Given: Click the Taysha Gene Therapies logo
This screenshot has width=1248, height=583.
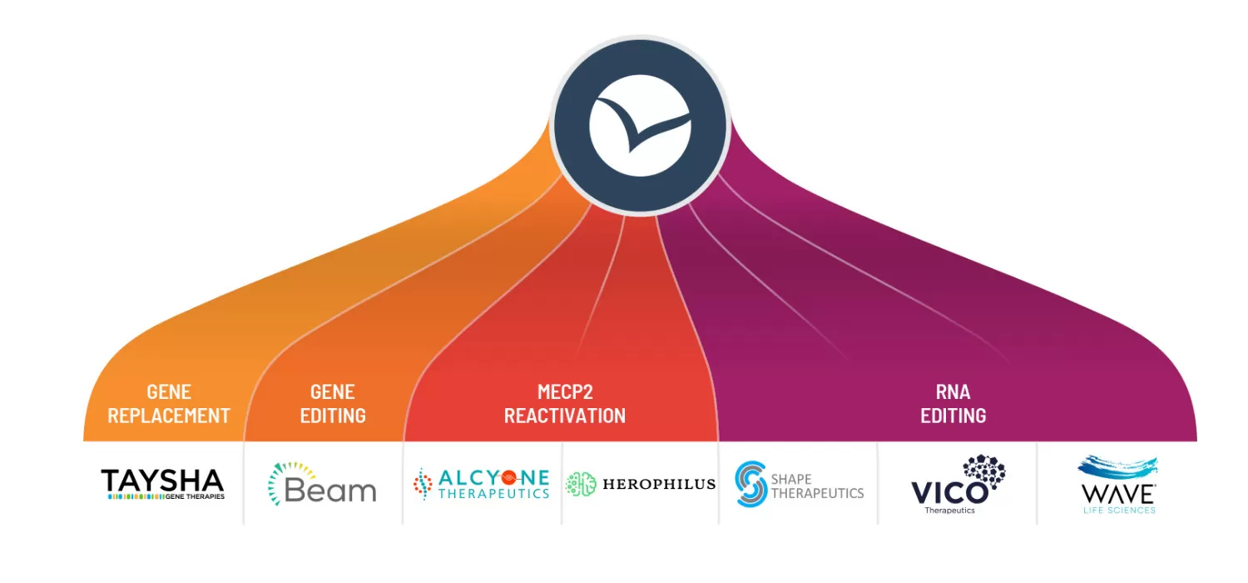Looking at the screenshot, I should (162, 484).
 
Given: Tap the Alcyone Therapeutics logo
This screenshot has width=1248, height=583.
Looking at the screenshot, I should (482, 484).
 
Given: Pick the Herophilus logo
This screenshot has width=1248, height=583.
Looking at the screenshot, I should (640, 484).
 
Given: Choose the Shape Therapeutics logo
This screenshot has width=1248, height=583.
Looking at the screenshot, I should (799, 484).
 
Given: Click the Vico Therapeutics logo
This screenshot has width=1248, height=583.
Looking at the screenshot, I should (957, 486).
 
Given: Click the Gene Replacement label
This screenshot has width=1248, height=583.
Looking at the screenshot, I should (169, 404).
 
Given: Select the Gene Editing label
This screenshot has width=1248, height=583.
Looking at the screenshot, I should (333, 404).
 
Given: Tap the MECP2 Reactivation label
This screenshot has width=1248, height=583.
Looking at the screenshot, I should (565, 404).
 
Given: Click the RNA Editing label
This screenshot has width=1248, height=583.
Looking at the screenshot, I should (953, 404).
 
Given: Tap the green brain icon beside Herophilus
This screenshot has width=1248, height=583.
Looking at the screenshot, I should (582, 484).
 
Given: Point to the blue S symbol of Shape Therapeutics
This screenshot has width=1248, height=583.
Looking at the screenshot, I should (750, 484).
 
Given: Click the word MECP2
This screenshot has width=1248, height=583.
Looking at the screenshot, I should (565, 391).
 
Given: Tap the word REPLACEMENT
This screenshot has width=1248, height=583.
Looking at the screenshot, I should (169, 416).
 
